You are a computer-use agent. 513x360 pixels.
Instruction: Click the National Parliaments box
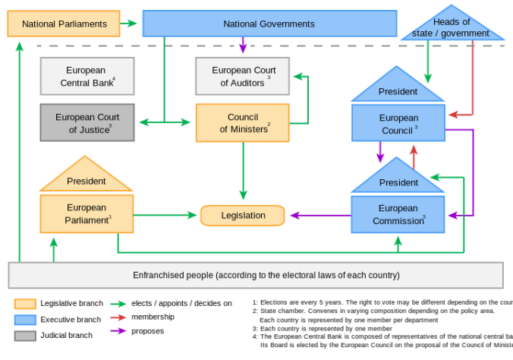click(64, 24)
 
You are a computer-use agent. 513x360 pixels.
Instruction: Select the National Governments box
click(269, 24)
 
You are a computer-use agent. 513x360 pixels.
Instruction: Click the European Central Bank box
click(87, 76)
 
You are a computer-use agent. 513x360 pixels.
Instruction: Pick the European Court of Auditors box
click(242, 77)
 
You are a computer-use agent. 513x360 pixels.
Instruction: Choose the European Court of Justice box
click(87, 123)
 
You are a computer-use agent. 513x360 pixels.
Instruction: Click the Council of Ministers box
click(242, 123)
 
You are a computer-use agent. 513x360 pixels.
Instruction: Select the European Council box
click(398, 123)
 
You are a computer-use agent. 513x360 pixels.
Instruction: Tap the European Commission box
click(398, 214)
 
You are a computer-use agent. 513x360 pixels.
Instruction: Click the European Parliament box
click(87, 213)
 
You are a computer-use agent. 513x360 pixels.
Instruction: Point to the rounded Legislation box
click(243, 216)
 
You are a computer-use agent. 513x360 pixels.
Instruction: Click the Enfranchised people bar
click(256, 275)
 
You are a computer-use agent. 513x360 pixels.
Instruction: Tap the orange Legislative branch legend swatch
click(25, 304)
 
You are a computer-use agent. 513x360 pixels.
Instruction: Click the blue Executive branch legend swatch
click(25, 320)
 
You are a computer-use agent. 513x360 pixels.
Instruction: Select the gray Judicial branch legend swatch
click(25, 336)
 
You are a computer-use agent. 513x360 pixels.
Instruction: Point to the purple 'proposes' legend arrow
click(118, 331)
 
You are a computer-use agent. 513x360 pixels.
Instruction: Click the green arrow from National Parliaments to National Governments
click(129, 24)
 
